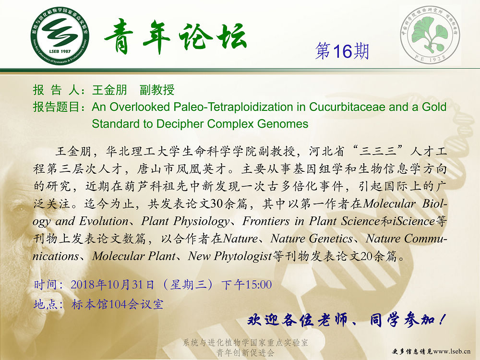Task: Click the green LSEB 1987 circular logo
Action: (x=60, y=36)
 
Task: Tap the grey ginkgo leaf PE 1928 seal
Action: (x=430, y=35)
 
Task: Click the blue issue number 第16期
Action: (x=342, y=51)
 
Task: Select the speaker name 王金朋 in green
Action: (x=109, y=90)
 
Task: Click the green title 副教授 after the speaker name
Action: (x=157, y=90)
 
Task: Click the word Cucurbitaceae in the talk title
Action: (x=347, y=107)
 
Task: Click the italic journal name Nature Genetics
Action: (x=312, y=239)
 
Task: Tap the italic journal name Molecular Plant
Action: (x=134, y=256)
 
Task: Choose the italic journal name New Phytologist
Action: (x=230, y=256)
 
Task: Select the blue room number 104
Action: (x=118, y=305)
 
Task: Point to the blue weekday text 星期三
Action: (x=188, y=285)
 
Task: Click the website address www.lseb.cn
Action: (x=452, y=351)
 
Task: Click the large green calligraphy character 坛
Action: (x=231, y=36)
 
